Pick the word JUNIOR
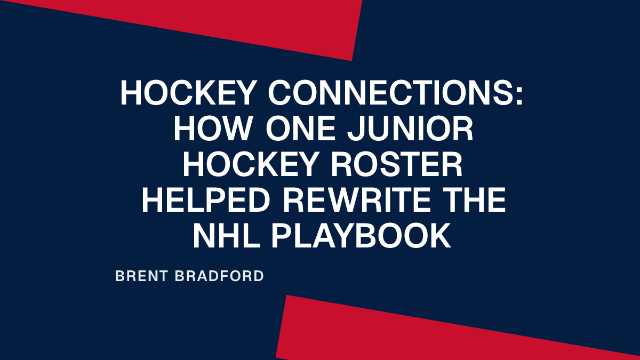tap(410, 131)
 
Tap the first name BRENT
tap(140, 276)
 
